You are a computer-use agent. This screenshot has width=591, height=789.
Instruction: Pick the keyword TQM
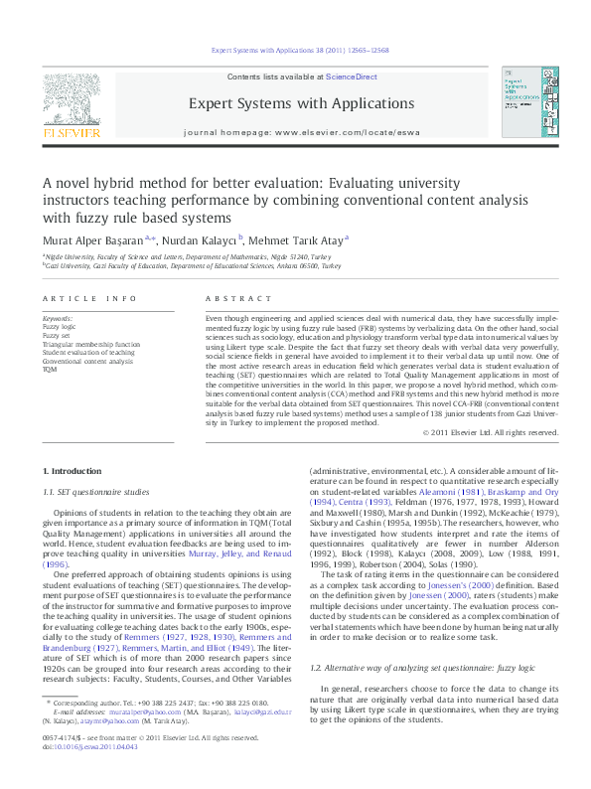49,369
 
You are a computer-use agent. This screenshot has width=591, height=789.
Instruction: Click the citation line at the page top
295,50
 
